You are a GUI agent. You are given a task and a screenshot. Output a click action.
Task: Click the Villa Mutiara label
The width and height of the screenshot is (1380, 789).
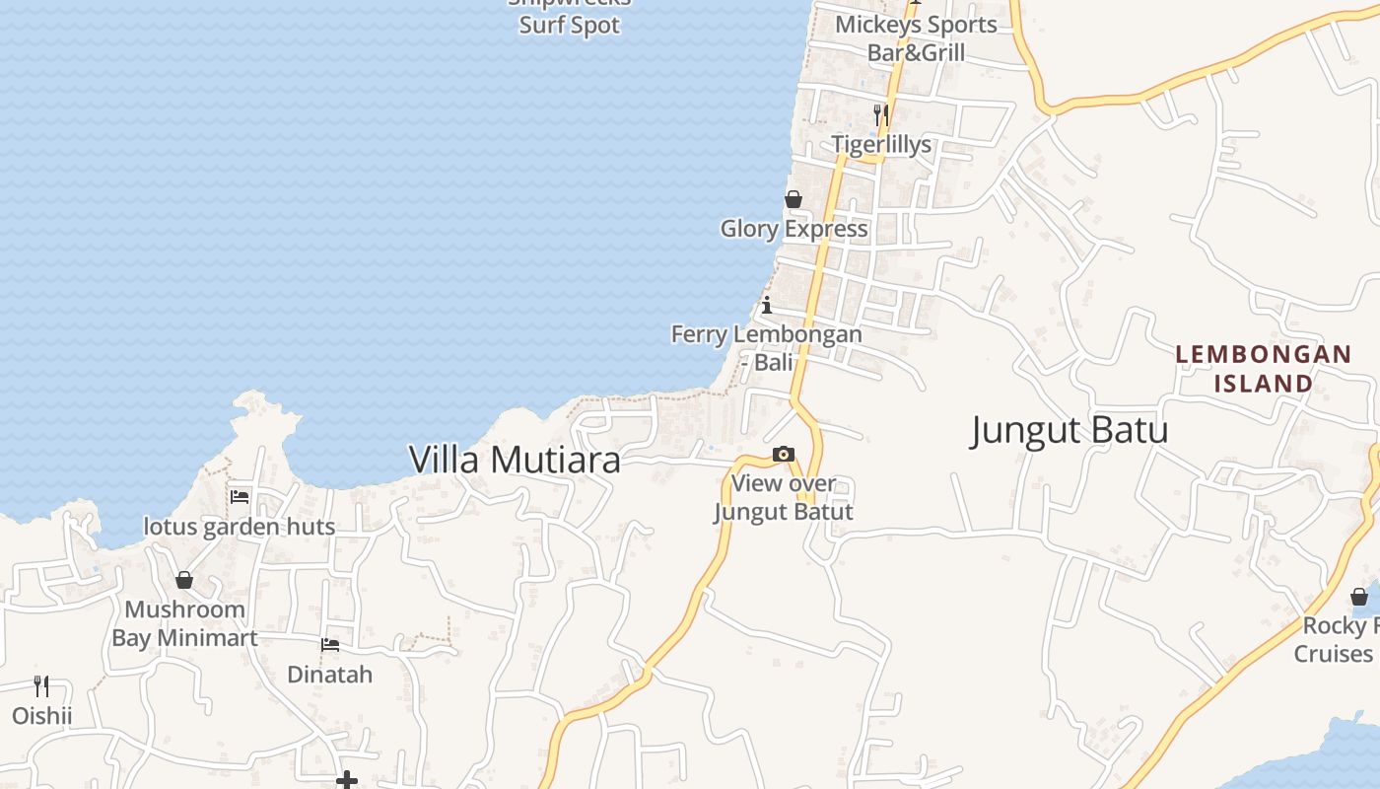tap(515, 460)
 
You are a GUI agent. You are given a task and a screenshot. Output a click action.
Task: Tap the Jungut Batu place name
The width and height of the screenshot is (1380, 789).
tap(1069, 430)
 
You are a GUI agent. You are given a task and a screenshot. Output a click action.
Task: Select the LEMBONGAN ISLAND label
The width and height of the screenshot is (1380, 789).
tap(1263, 368)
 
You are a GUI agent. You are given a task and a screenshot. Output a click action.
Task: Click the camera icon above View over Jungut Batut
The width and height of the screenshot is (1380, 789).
tap(784, 455)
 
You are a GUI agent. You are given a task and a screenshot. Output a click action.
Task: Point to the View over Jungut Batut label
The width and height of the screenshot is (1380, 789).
tap(784, 497)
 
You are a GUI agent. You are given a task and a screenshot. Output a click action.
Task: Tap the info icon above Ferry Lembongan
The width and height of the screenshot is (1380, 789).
tap(767, 305)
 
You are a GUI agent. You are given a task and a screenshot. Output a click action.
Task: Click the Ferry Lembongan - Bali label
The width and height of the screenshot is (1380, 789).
tap(767, 347)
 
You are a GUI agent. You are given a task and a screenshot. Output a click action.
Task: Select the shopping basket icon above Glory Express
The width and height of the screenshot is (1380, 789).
tap(793, 200)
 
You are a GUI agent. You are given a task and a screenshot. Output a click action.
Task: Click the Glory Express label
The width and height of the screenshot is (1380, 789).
tap(794, 229)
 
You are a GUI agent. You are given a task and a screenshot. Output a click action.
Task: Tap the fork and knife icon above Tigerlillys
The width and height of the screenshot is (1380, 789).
tap(881, 115)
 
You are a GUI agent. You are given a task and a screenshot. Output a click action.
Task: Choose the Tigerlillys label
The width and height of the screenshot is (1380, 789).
tap(881, 145)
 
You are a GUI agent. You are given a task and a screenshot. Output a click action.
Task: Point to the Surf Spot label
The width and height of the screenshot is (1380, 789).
tap(570, 26)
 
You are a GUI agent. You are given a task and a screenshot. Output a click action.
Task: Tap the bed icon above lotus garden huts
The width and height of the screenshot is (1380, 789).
tap(240, 496)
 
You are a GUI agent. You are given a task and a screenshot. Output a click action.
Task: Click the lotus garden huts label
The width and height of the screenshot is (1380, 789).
tap(240, 527)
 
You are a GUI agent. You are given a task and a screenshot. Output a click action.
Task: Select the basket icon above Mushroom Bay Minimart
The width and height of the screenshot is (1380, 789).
tap(184, 580)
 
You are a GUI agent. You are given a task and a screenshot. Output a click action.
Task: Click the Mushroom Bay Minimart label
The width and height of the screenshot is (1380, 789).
tap(184, 623)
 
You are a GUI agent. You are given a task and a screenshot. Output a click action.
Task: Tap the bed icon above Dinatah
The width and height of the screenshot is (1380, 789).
tap(330, 645)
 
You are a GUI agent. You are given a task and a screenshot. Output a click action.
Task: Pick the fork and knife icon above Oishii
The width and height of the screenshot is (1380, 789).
tap(41, 685)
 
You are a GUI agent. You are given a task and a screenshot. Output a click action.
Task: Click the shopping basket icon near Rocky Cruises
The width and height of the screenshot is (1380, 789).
tap(1359, 597)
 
